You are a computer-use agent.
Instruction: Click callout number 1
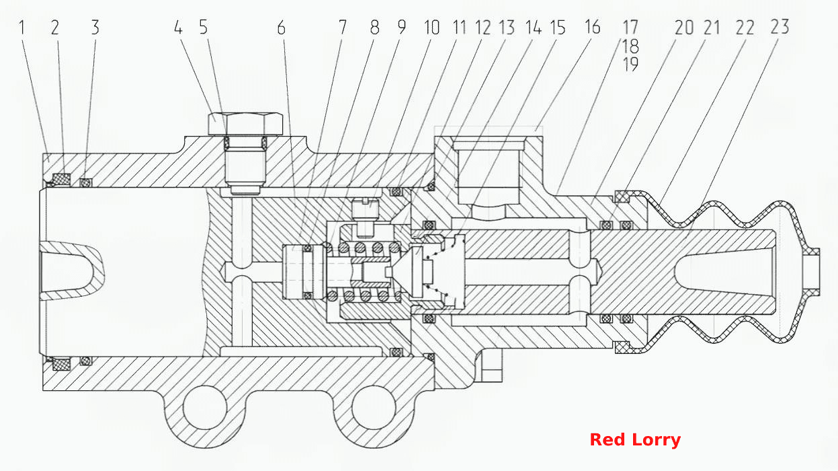(22, 28)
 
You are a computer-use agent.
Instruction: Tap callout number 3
(95, 28)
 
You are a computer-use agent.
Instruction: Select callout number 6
(282, 28)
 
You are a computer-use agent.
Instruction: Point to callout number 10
(431, 28)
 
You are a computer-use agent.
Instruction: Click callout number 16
(592, 27)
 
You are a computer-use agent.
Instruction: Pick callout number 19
(630, 65)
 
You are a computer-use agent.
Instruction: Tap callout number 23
(780, 27)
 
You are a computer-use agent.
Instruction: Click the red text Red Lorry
(635, 439)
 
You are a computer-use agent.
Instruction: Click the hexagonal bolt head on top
(245, 123)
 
